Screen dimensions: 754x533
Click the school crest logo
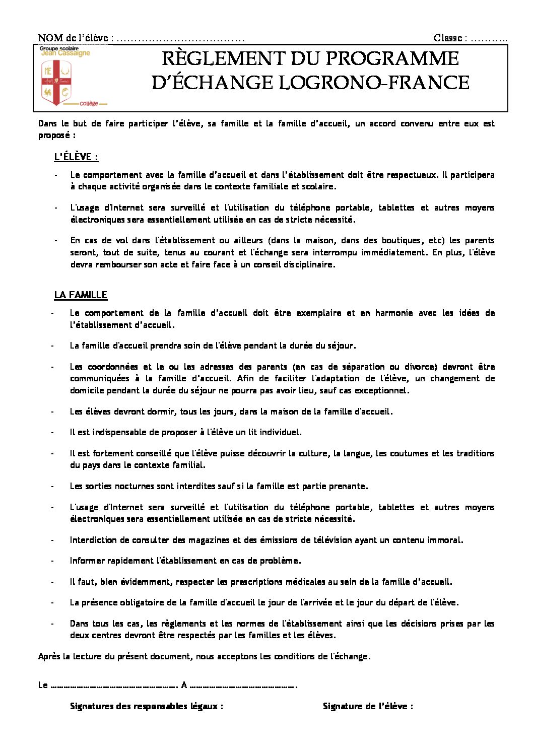click(x=56, y=82)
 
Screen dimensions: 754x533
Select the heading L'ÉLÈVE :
click(x=76, y=157)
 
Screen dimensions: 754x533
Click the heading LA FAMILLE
click(x=81, y=295)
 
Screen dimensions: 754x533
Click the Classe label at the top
click(x=448, y=38)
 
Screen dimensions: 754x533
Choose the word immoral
click(x=445, y=540)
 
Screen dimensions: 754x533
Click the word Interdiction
click(x=93, y=540)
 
